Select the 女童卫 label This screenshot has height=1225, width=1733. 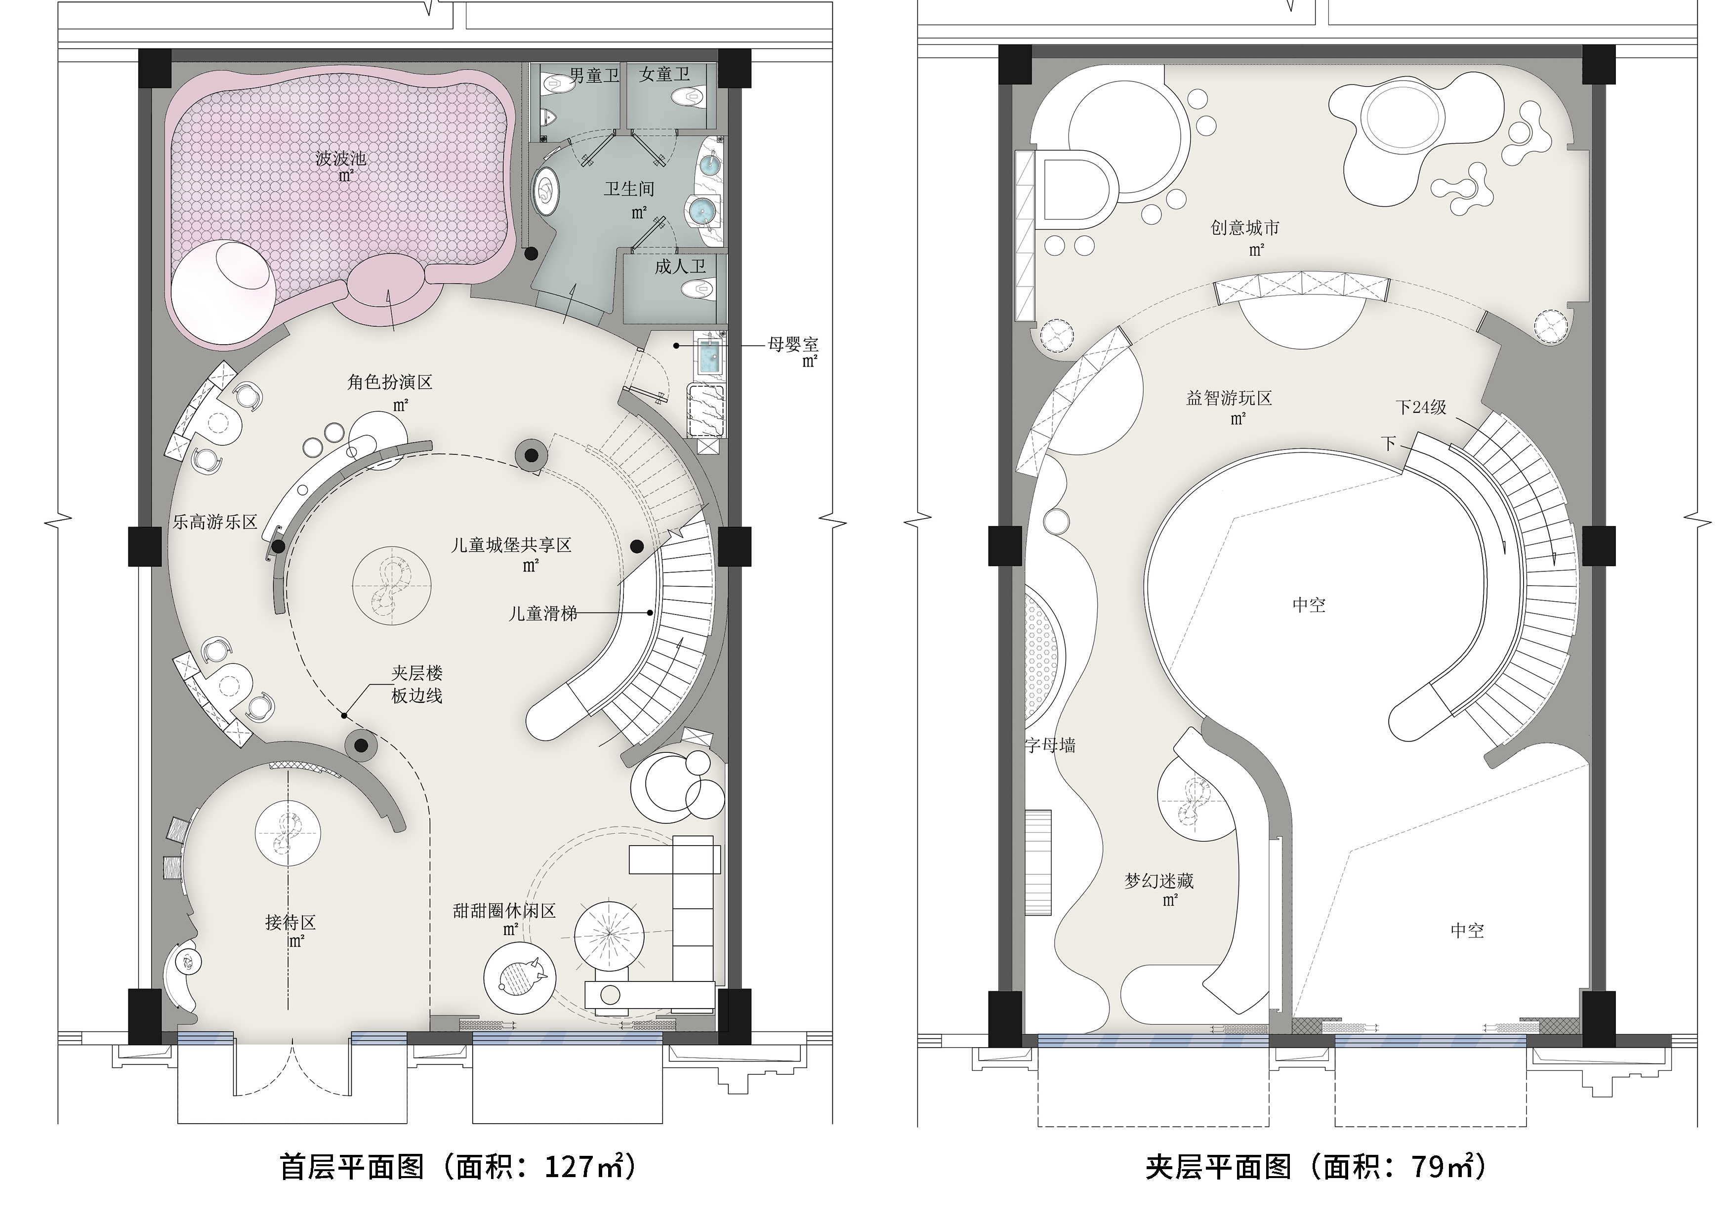664,74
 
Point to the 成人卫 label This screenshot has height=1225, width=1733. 680,266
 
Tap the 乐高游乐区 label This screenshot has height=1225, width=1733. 215,522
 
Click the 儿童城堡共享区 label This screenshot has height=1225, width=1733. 511,544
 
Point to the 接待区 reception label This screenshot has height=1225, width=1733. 290,922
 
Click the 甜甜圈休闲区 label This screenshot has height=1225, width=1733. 504,910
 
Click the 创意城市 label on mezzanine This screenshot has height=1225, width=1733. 1244,228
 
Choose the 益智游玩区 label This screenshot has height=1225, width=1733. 1229,398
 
